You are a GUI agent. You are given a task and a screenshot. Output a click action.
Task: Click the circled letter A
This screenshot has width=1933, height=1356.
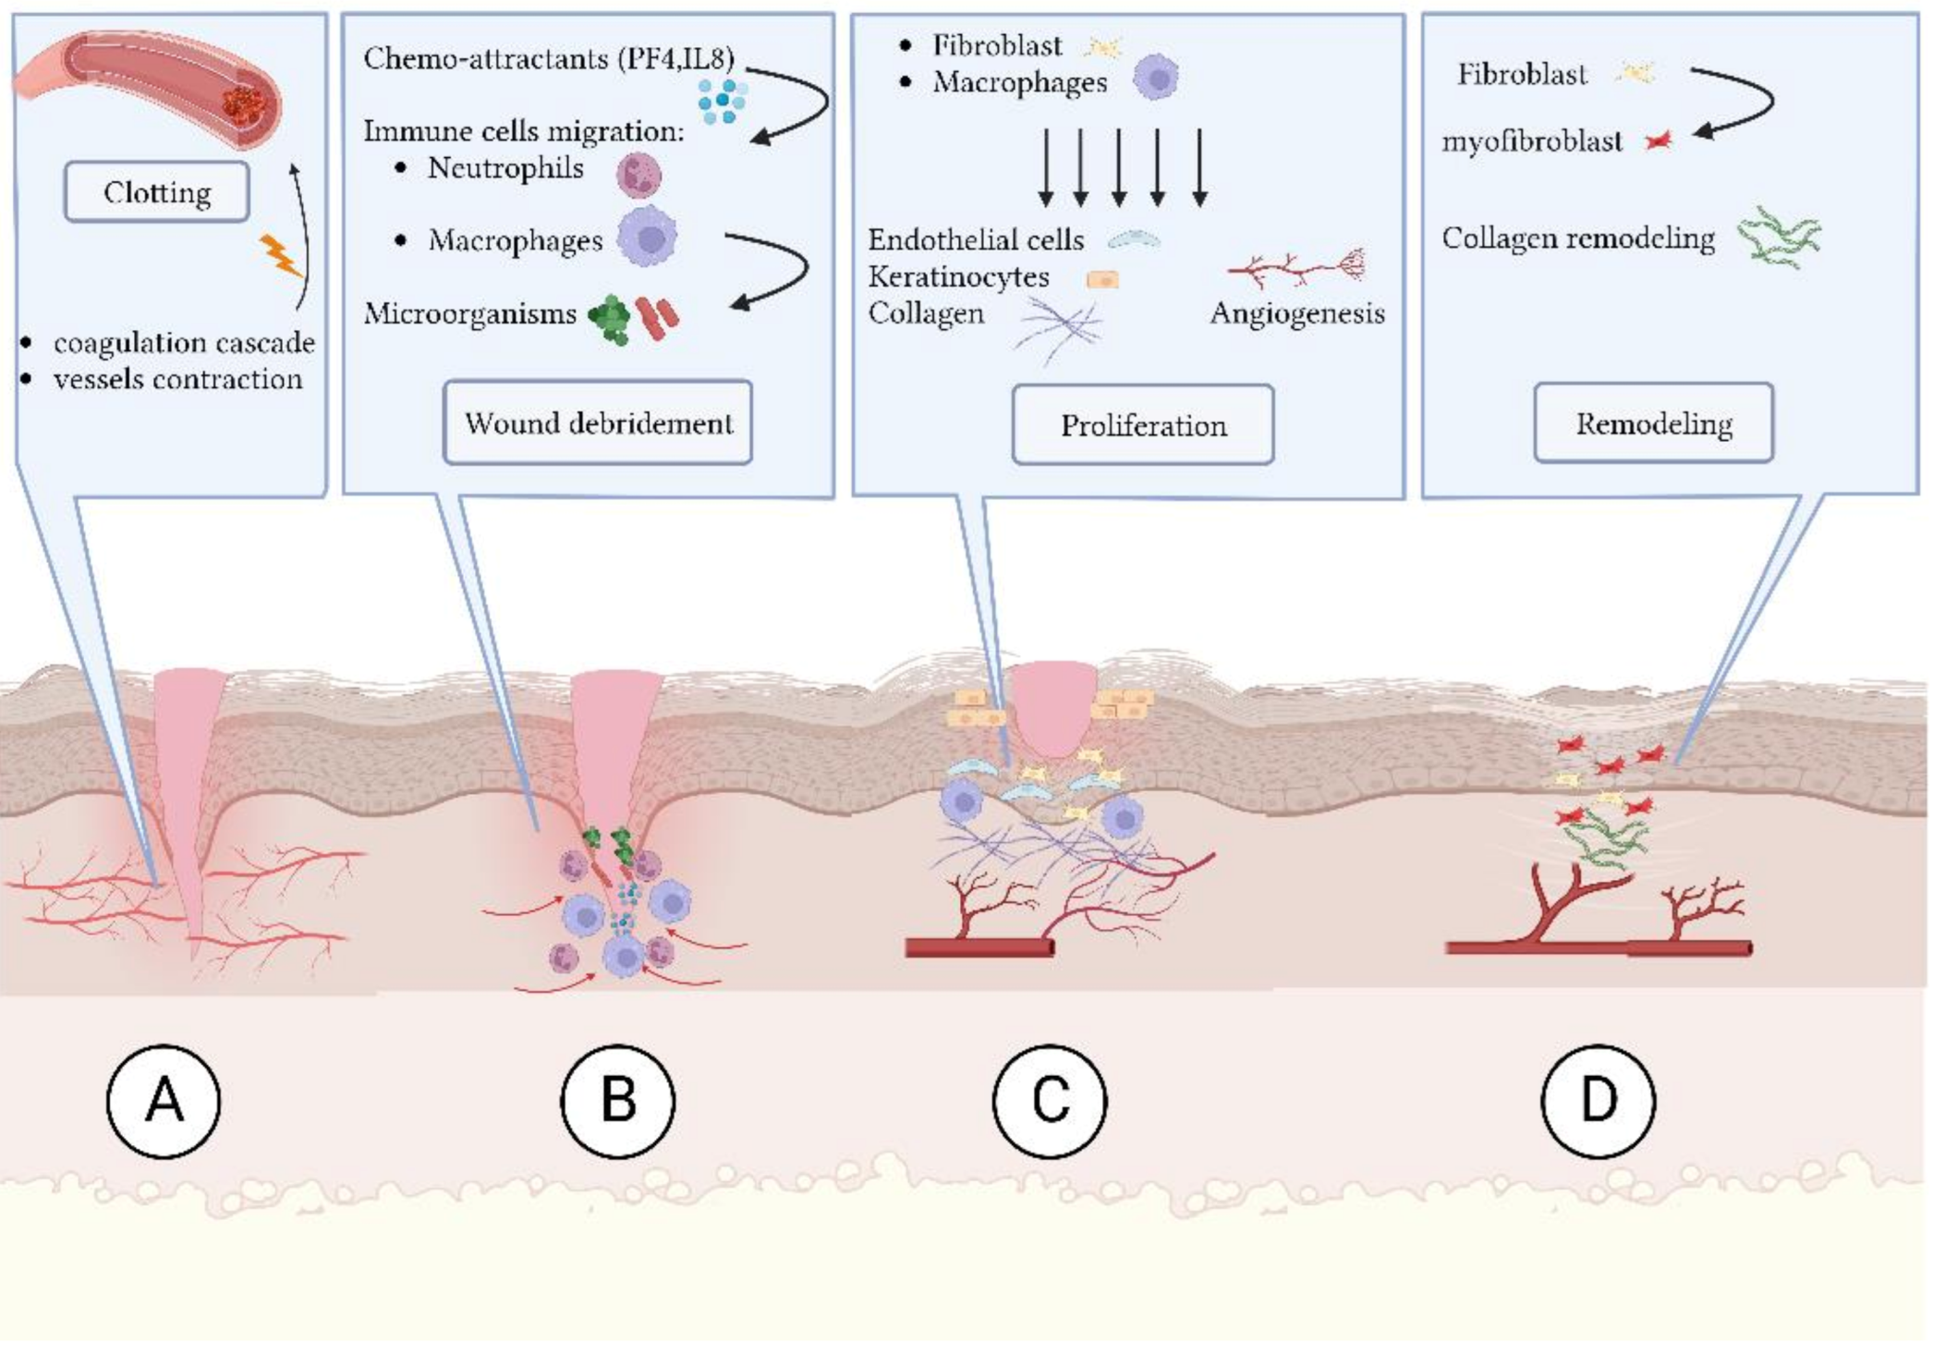164,1101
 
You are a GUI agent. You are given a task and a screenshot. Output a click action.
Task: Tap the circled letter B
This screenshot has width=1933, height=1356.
618,1101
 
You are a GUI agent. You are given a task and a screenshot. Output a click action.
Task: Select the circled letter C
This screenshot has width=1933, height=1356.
1050,1101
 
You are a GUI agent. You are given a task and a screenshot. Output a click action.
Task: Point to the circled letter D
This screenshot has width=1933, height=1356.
1599,1101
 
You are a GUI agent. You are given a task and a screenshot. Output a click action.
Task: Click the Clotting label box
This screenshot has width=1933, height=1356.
157,192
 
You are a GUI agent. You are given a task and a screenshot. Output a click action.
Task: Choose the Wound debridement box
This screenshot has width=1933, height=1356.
598,423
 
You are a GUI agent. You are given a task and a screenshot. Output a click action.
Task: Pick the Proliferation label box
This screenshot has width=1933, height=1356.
1143,425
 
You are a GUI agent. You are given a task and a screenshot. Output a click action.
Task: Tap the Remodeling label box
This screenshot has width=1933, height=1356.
1654,423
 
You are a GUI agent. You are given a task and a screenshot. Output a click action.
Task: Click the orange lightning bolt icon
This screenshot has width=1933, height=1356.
280,256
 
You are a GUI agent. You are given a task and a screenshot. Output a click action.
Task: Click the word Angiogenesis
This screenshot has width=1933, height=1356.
1297,313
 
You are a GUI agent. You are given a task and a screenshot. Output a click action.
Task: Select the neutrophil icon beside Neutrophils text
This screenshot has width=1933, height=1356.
638,175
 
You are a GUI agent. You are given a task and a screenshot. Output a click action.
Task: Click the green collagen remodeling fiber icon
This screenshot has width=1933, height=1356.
1779,238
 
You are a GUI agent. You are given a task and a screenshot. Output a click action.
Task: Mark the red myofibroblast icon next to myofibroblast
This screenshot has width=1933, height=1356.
1659,140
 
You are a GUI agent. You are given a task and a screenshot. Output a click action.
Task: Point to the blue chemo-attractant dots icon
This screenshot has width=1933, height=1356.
723,100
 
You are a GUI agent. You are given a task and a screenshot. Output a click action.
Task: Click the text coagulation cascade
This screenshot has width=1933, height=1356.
184,343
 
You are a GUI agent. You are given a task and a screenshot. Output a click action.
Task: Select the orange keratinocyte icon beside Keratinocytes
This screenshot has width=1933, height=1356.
1102,279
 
